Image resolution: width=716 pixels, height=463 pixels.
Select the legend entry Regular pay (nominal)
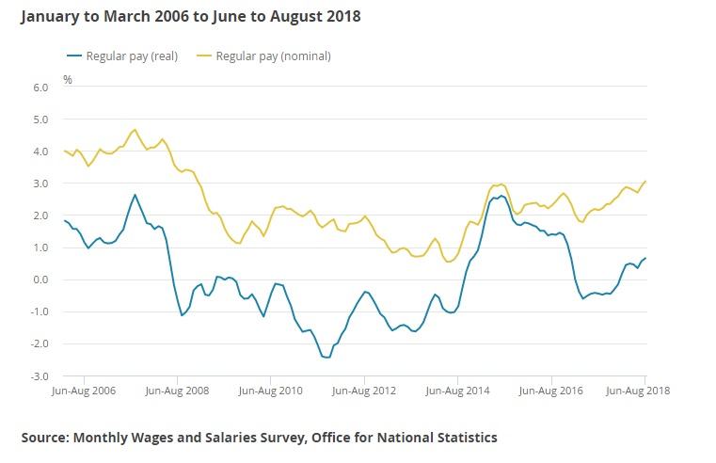273,56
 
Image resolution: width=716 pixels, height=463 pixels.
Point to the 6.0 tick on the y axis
40,88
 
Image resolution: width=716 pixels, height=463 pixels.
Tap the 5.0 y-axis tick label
40,120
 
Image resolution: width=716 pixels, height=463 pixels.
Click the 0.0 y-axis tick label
40,279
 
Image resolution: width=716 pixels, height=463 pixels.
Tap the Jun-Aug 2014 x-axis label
457,388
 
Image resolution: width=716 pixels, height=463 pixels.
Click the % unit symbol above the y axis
68,79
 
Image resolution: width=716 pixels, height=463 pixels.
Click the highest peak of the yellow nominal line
135,130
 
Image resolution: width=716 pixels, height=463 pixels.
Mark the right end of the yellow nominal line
645,181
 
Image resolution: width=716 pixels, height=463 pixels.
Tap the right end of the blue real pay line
645,258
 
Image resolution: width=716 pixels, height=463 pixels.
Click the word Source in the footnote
44,437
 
